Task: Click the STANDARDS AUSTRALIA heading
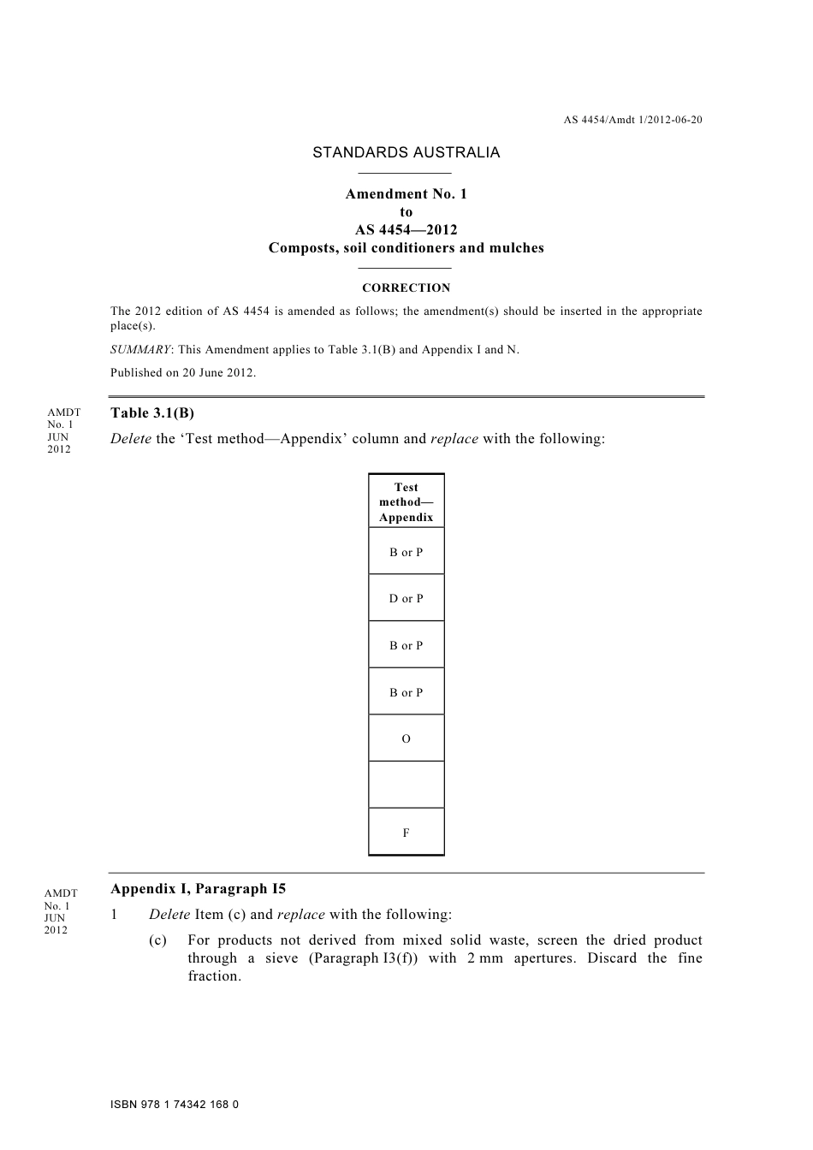406,153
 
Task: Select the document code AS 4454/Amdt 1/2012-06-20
632,120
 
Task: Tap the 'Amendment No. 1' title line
406,194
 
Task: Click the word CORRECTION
406,288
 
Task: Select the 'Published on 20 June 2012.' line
183,373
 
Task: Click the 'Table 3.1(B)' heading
152,413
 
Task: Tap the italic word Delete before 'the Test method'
131,439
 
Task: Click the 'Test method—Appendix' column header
406,502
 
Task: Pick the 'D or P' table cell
406,598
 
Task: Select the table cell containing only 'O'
406,738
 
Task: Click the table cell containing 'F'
406,832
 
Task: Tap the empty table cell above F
406,785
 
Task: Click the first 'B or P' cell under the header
406,552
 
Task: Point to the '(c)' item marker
157,940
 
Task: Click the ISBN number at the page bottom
175,1105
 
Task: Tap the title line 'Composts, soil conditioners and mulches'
406,248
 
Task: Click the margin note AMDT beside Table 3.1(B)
63,412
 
